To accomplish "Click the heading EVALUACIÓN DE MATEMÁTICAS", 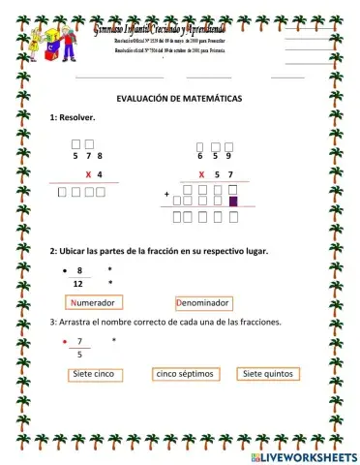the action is tap(180, 100).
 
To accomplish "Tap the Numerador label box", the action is tap(93, 303).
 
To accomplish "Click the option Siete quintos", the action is tap(267, 373).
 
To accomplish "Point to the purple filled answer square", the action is tap(232, 201).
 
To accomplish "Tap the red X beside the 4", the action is tap(88, 174).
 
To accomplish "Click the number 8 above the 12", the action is tap(79, 269).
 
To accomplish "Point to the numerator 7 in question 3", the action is tap(79, 341).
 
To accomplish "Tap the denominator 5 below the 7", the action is tap(79, 356).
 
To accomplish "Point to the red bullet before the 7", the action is tap(64, 342).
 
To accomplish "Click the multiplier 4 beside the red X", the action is tap(100, 174).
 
